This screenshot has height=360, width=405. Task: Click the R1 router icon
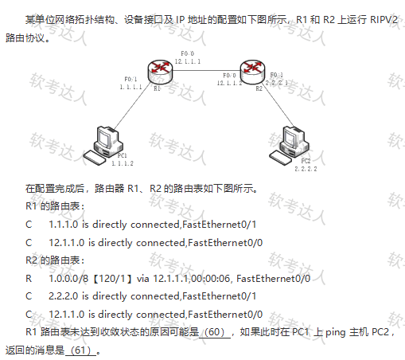click(160, 72)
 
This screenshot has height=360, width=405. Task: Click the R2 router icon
click(252, 72)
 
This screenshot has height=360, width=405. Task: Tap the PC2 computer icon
click(289, 146)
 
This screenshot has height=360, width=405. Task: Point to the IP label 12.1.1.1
click(188, 61)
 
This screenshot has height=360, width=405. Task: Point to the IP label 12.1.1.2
click(229, 83)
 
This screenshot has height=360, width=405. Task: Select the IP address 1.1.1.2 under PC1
click(123, 163)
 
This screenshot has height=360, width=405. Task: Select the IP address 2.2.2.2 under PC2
click(306, 169)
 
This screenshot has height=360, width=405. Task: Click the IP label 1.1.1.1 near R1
click(130, 87)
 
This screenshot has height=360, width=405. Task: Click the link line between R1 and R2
click(206, 71)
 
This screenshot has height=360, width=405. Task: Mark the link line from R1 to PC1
click(132, 106)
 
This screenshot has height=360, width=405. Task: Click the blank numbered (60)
click(215, 332)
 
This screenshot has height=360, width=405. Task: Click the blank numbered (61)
click(81, 350)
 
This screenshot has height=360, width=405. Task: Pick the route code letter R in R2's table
click(29, 279)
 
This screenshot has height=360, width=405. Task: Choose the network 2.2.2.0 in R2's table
click(64, 296)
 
